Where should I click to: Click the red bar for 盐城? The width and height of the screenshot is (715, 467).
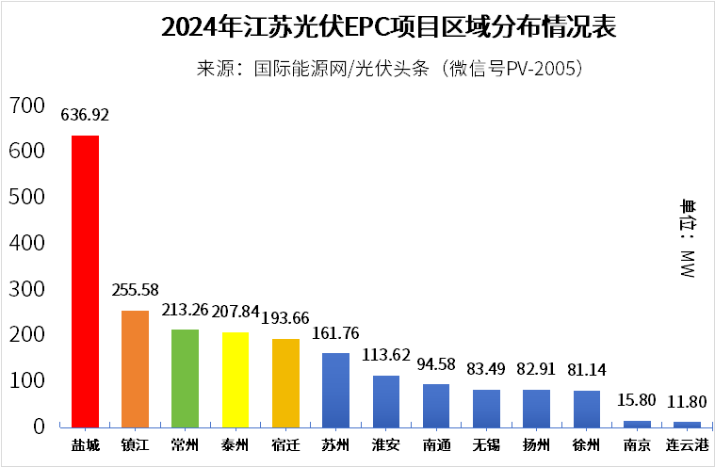pyautogui.click(x=86, y=281)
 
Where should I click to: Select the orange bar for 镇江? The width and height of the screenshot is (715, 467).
pyautogui.click(x=136, y=368)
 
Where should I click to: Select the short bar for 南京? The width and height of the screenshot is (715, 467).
pyautogui.click(x=637, y=424)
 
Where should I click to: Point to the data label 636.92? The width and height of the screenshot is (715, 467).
pyautogui.click(x=85, y=116)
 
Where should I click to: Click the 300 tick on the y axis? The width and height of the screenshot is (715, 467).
pyautogui.click(x=26, y=289)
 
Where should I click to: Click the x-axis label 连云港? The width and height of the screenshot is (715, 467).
pyautogui.click(x=688, y=444)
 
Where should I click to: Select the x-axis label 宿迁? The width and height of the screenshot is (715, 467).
pyautogui.click(x=285, y=444)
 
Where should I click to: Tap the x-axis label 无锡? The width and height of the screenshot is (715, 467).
pyautogui.click(x=486, y=444)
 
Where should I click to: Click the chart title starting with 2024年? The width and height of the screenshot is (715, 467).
pyautogui.click(x=388, y=27)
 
